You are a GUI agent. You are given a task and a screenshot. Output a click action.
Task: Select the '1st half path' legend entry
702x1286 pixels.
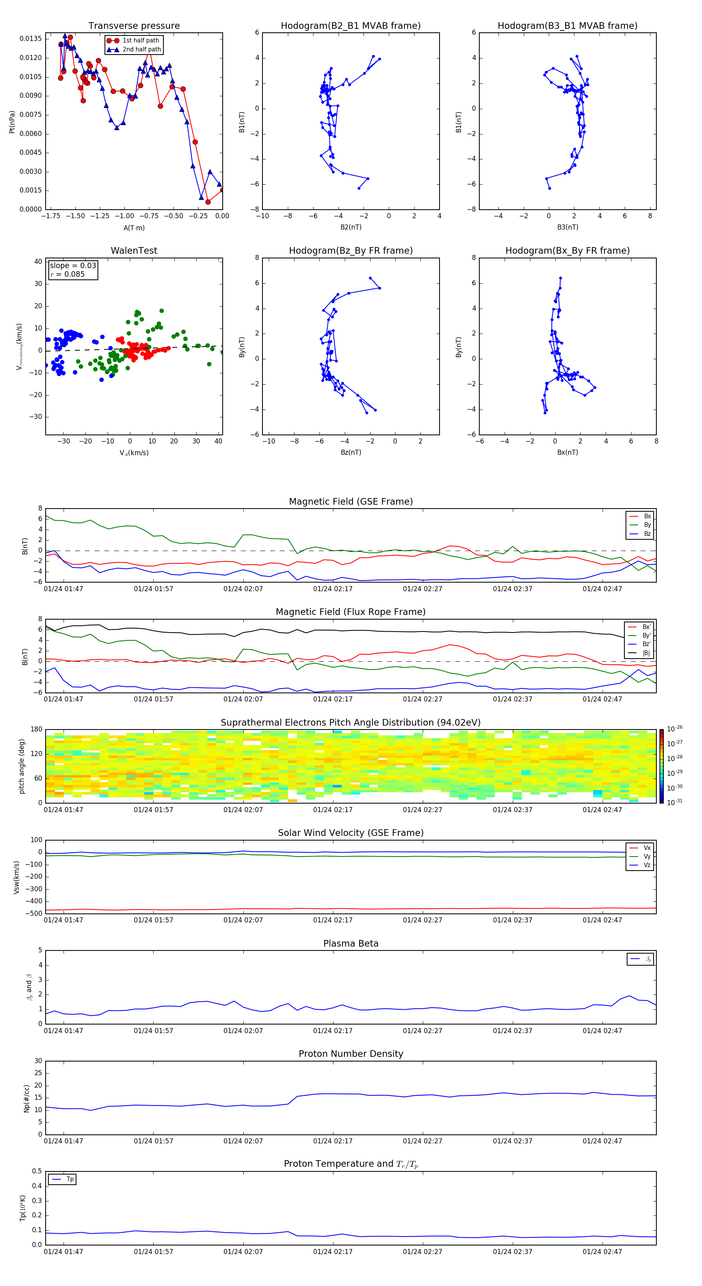140,41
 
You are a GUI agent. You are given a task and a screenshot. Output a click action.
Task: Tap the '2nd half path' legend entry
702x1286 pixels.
142,49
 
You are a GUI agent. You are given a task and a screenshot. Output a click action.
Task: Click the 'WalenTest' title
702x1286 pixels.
134,251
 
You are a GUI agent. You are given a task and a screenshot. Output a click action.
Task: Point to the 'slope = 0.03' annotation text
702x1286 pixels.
73,266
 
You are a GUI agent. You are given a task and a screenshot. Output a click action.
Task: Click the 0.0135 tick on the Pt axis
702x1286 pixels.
30,39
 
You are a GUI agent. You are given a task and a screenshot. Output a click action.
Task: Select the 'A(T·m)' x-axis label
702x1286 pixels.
134,228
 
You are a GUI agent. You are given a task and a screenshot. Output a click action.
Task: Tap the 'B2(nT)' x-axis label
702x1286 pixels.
351,227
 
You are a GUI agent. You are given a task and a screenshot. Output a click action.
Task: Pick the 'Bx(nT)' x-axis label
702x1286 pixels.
567,452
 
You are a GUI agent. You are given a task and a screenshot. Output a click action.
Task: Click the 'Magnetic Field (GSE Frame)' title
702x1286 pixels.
351,502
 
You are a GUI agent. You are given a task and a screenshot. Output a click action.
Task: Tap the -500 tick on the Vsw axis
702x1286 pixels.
34,913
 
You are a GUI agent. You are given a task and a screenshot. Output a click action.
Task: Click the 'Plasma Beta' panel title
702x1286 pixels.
351,943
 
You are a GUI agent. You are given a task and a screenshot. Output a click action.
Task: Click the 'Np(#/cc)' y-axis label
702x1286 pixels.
27,1098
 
